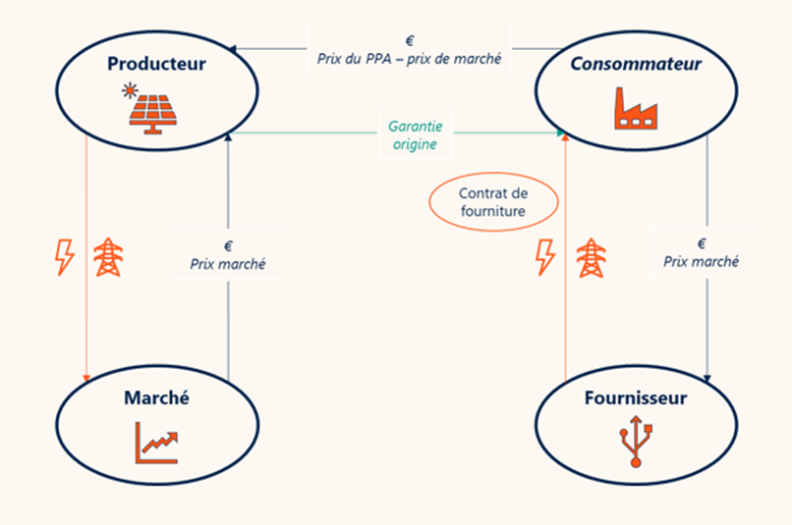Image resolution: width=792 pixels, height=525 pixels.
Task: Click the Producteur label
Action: click(x=157, y=65)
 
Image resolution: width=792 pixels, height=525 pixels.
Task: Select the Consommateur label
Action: click(x=635, y=65)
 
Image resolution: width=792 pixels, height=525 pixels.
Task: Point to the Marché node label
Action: click(x=156, y=398)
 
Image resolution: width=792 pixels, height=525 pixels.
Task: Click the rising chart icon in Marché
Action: click(x=157, y=444)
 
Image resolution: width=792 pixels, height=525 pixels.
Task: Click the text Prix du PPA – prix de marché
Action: click(x=410, y=59)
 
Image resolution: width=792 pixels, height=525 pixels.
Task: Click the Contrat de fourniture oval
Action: click(x=493, y=201)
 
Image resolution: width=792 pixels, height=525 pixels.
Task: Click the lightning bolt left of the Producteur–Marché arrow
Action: click(x=64, y=257)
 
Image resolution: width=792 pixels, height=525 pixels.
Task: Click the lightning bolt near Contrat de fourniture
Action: click(x=544, y=257)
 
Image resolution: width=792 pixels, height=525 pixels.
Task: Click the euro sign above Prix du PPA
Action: click(x=410, y=40)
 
